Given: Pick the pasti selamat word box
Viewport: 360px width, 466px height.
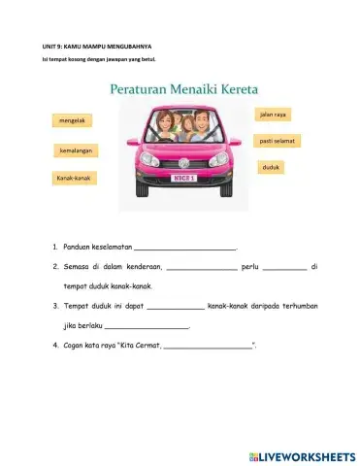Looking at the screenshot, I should coord(278,141).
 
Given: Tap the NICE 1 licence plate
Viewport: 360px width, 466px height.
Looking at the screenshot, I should coord(184,178).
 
